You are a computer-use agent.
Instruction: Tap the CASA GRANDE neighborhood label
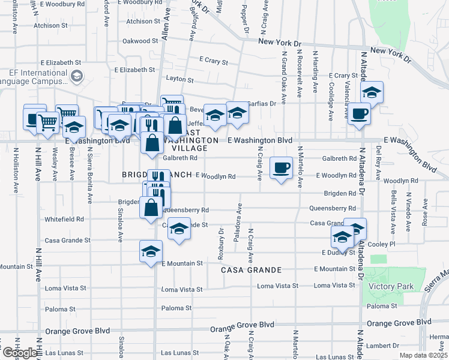pos(252,270)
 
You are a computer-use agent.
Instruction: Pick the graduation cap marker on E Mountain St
pos(151,251)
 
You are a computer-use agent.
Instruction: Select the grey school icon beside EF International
pos(77,76)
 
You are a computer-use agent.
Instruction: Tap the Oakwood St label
pos(139,41)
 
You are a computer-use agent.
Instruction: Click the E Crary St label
pos(213,62)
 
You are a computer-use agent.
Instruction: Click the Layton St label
pos(179,79)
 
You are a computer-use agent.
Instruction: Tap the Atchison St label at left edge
pos(50,26)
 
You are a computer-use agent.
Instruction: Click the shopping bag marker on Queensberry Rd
pos(151,208)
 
